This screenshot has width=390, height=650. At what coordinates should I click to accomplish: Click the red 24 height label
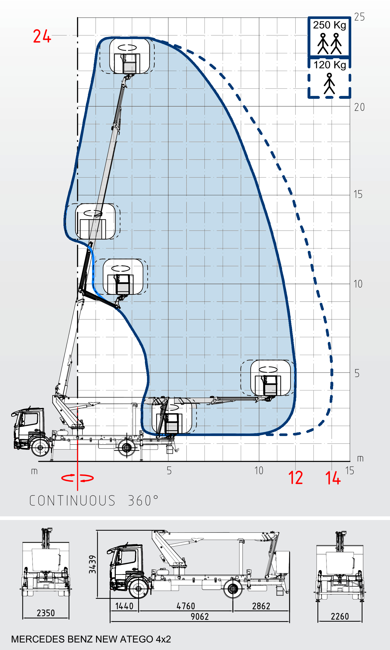click(x=42, y=36)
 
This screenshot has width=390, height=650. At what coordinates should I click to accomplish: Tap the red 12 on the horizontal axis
click(x=296, y=477)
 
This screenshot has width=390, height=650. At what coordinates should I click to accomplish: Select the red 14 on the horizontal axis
click(x=333, y=477)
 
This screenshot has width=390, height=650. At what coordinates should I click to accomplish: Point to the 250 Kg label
click(x=330, y=25)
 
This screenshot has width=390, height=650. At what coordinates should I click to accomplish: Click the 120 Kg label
click(x=330, y=65)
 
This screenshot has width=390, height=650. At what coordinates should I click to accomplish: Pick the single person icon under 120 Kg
click(x=329, y=83)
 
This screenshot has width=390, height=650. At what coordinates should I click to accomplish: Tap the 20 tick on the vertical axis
click(x=359, y=107)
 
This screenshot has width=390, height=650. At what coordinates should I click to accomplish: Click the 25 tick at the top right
click(x=359, y=17)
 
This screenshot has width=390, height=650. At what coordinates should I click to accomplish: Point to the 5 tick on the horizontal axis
click(x=169, y=471)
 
